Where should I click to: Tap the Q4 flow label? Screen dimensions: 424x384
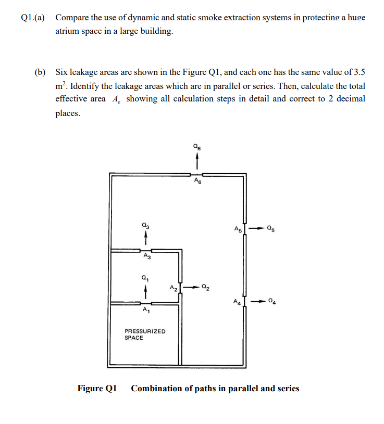[272, 301]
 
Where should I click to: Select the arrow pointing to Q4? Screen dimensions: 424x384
[256, 301]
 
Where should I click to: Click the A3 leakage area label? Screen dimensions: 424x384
[146, 256]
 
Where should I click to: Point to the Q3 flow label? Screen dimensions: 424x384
[146, 225]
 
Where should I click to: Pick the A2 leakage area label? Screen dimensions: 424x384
[174, 287]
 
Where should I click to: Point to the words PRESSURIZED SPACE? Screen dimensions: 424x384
[145, 335]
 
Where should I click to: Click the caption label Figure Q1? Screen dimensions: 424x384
[97, 389]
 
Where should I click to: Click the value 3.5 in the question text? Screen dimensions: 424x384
[358, 71]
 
